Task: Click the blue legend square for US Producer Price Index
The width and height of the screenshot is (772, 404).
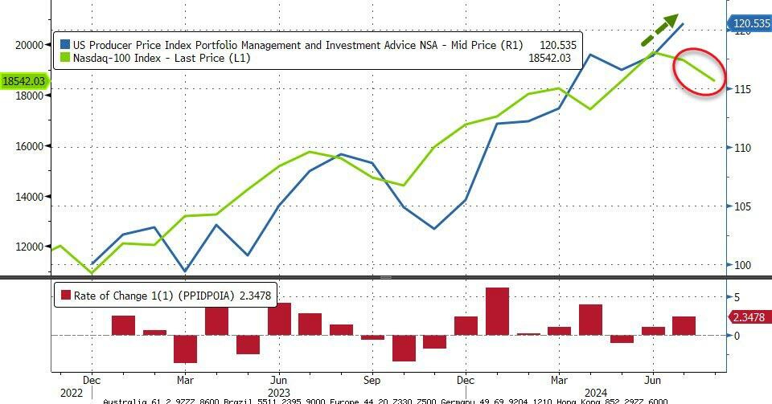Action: [x=64, y=45]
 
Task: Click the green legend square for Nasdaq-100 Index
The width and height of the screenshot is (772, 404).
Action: [x=64, y=59]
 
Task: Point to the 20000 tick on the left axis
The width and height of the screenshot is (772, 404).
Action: [x=30, y=45]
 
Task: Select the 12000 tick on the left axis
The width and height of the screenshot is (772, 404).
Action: [x=30, y=247]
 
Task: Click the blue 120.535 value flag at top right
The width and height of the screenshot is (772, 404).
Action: [x=749, y=24]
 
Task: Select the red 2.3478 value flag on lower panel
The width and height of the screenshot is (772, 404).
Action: [x=749, y=317]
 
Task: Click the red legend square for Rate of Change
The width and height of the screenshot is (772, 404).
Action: [x=65, y=296]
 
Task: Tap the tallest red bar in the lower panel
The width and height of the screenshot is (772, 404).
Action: [x=497, y=311]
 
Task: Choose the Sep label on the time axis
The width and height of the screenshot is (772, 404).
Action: [x=371, y=380]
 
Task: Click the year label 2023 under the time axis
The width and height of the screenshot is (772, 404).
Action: [x=277, y=393]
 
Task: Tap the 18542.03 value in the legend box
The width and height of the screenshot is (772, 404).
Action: [x=549, y=59]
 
